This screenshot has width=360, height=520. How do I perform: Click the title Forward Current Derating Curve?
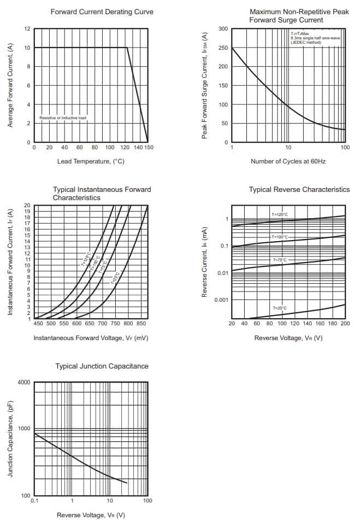102,11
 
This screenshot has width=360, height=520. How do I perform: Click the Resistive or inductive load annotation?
63,118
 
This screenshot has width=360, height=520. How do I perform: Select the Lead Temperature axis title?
91,161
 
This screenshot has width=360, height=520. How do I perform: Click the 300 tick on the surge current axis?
223,29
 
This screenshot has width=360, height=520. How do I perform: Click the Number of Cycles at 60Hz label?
288,161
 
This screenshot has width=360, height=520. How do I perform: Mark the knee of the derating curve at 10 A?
127,48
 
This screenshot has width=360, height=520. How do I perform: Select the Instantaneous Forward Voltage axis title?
91,338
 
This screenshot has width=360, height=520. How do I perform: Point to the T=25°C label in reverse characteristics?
280,308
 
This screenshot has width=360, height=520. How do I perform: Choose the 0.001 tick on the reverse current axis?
220,300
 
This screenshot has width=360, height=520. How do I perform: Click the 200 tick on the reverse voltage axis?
345,324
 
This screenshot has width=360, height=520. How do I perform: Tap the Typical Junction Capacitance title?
102,366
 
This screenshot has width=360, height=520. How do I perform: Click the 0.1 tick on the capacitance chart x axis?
34,501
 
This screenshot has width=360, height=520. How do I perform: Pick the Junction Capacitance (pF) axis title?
10,439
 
